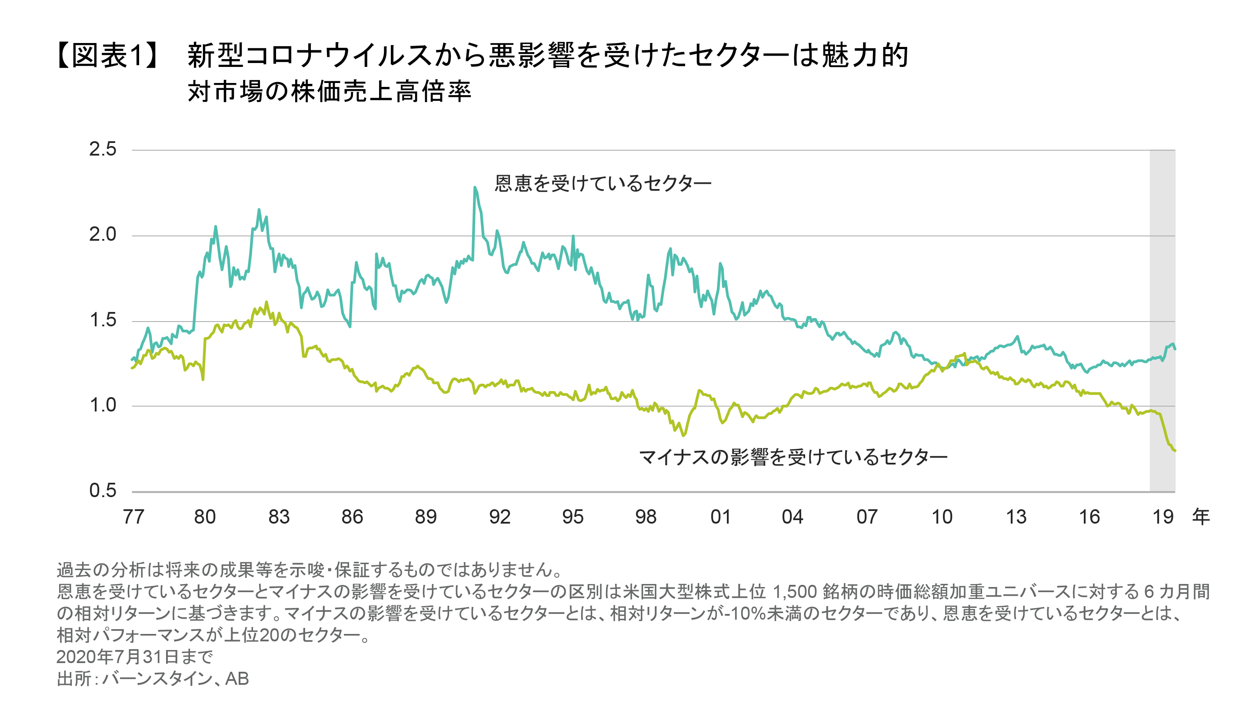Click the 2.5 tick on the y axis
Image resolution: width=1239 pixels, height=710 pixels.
tap(103, 149)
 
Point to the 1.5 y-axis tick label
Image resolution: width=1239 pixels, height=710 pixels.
tap(103, 320)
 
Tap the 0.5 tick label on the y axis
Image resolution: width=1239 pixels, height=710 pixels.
tap(103, 491)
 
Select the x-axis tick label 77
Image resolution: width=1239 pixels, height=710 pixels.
tap(133, 517)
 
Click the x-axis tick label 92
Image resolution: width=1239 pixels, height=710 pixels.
tap(500, 517)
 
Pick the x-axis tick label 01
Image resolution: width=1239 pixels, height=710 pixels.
tap(720, 517)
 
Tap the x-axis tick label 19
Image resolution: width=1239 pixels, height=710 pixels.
tap(1162, 517)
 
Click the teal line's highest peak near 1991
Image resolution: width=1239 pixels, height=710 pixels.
tap(475, 187)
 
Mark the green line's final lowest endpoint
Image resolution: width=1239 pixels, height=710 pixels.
tap(1175, 451)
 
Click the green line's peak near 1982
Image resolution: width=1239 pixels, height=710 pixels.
tap(266, 302)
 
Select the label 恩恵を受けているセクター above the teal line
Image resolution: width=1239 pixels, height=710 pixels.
tap(603, 184)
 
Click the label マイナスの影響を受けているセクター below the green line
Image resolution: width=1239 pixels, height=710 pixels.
tap(793, 458)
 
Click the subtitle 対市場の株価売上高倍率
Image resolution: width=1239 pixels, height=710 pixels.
tap(329, 92)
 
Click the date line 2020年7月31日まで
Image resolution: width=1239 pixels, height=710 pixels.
tap(135, 657)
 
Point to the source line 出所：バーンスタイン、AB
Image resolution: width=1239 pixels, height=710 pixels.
tap(153, 679)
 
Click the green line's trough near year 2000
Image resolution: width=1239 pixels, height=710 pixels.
tap(684, 435)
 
